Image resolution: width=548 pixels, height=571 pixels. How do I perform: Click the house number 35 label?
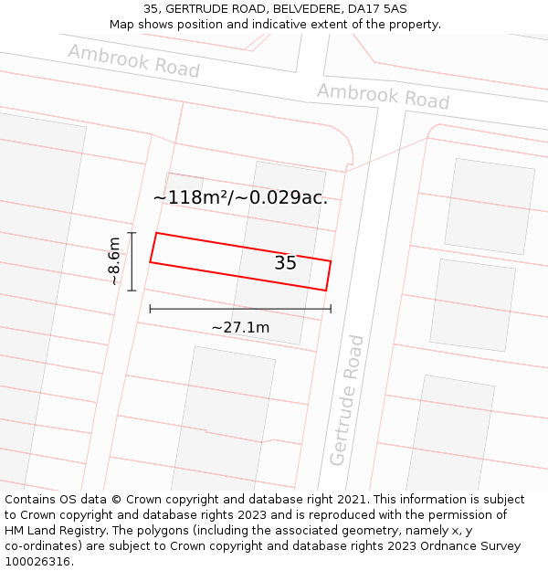tap(285, 263)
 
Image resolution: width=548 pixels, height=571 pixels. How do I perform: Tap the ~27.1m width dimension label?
tap(240, 327)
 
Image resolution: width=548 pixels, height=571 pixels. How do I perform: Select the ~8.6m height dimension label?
tap(114, 261)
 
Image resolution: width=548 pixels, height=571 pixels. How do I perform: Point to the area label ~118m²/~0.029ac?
tap(240, 197)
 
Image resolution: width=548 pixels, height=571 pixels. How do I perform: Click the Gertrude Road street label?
tap(347, 400)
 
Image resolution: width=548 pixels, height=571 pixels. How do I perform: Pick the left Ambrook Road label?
tap(133, 60)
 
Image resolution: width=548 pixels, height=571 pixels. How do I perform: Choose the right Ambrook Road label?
tap(383, 95)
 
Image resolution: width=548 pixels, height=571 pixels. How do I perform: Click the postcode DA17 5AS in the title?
tap(377, 9)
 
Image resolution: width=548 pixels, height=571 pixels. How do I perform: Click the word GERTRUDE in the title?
tap(198, 9)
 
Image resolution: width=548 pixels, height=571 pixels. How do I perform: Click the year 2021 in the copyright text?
tap(352, 500)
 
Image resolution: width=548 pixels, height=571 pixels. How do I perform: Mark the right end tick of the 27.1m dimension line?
tap(331, 309)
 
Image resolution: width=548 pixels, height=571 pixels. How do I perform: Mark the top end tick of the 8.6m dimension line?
tap(132, 233)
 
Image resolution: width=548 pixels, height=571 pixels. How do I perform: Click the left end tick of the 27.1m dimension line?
tap(150, 309)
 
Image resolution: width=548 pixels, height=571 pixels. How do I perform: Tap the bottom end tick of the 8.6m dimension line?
tap(132, 291)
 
